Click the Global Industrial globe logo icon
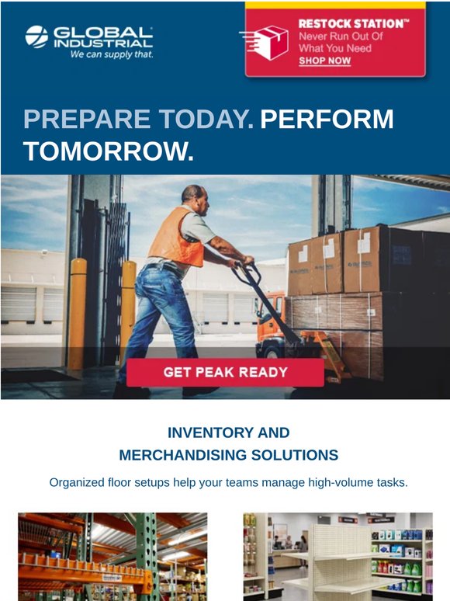[x=36, y=36]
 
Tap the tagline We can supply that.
[x=112, y=54]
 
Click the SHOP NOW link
[x=325, y=61]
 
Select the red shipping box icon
[x=268, y=42]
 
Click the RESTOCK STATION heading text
[x=354, y=24]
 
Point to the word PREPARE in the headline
[x=87, y=119]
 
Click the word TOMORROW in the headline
[x=109, y=151]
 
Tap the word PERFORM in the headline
[x=327, y=119]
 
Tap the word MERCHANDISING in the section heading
[x=182, y=455]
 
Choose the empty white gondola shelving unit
[x=337, y=560]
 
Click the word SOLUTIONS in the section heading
[x=295, y=455]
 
